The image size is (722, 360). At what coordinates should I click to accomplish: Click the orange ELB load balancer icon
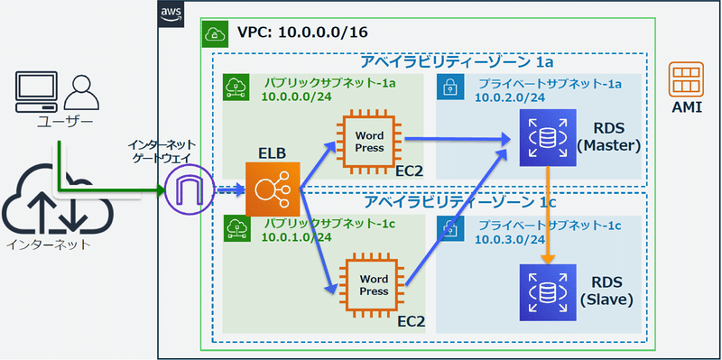click(272, 189)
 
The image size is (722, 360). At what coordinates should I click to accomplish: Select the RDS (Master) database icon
click(545, 138)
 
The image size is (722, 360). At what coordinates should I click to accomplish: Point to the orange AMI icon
click(688, 79)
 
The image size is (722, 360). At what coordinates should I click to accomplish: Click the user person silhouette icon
click(80, 91)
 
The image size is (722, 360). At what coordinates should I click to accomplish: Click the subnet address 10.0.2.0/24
click(511, 97)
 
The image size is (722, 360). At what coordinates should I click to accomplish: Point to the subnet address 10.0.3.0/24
click(511, 239)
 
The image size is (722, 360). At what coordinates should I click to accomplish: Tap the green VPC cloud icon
click(215, 34)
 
